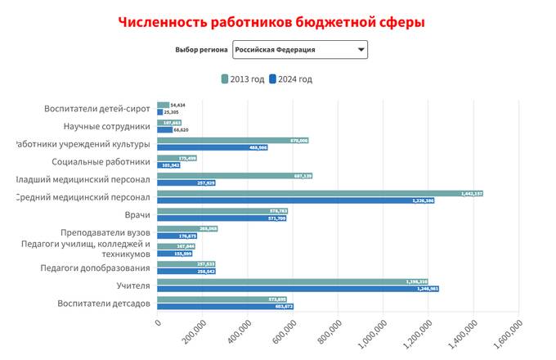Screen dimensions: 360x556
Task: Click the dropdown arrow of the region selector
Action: (x=360, y=50)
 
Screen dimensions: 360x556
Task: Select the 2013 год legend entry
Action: (x=243, y=79)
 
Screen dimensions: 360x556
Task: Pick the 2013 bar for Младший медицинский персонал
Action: (x=234, y=176)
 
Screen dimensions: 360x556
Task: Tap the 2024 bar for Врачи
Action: (x=222, y=218)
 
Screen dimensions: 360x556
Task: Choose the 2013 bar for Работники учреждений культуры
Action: (x=232, y=141)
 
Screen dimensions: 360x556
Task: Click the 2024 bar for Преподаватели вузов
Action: (x=177, y=236)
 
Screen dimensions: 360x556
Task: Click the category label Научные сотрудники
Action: (x=107, y=126)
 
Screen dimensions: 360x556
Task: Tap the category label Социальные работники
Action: (x=101, y=162)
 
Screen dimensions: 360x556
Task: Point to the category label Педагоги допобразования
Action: (x=96, y=268)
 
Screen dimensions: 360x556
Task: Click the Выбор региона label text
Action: (x=201, y=50)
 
